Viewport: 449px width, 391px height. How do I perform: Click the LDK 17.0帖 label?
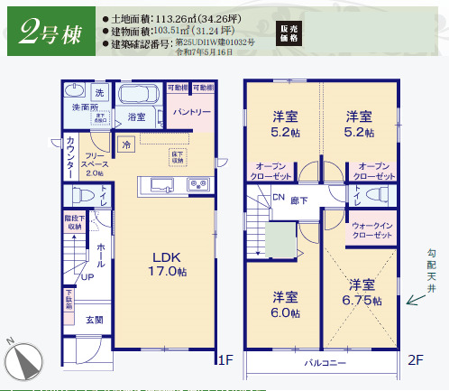click(168, 263)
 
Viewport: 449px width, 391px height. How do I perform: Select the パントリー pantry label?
click(192, 113)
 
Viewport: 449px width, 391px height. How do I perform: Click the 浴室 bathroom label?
click(137, 117)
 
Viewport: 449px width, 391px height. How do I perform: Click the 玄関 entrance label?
click(95, 320)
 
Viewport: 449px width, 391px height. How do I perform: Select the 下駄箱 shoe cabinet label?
click(69, 300)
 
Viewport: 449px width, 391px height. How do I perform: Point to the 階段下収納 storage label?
click(74, 222)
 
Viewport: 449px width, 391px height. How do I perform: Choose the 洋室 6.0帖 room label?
click(285, 304)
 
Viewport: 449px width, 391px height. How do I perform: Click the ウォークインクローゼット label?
click(371, 230)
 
